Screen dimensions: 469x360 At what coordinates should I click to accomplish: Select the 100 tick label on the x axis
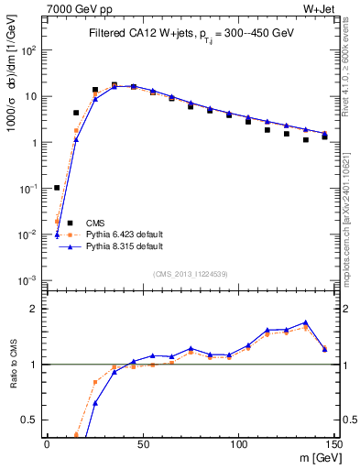(x=237, y=443)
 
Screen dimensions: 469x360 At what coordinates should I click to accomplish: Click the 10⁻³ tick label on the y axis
(x=29, y=280)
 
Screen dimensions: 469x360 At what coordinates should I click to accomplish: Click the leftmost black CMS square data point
(x=57, y=188)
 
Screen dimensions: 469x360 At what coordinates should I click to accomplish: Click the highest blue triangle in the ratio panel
(x=305, y=322)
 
